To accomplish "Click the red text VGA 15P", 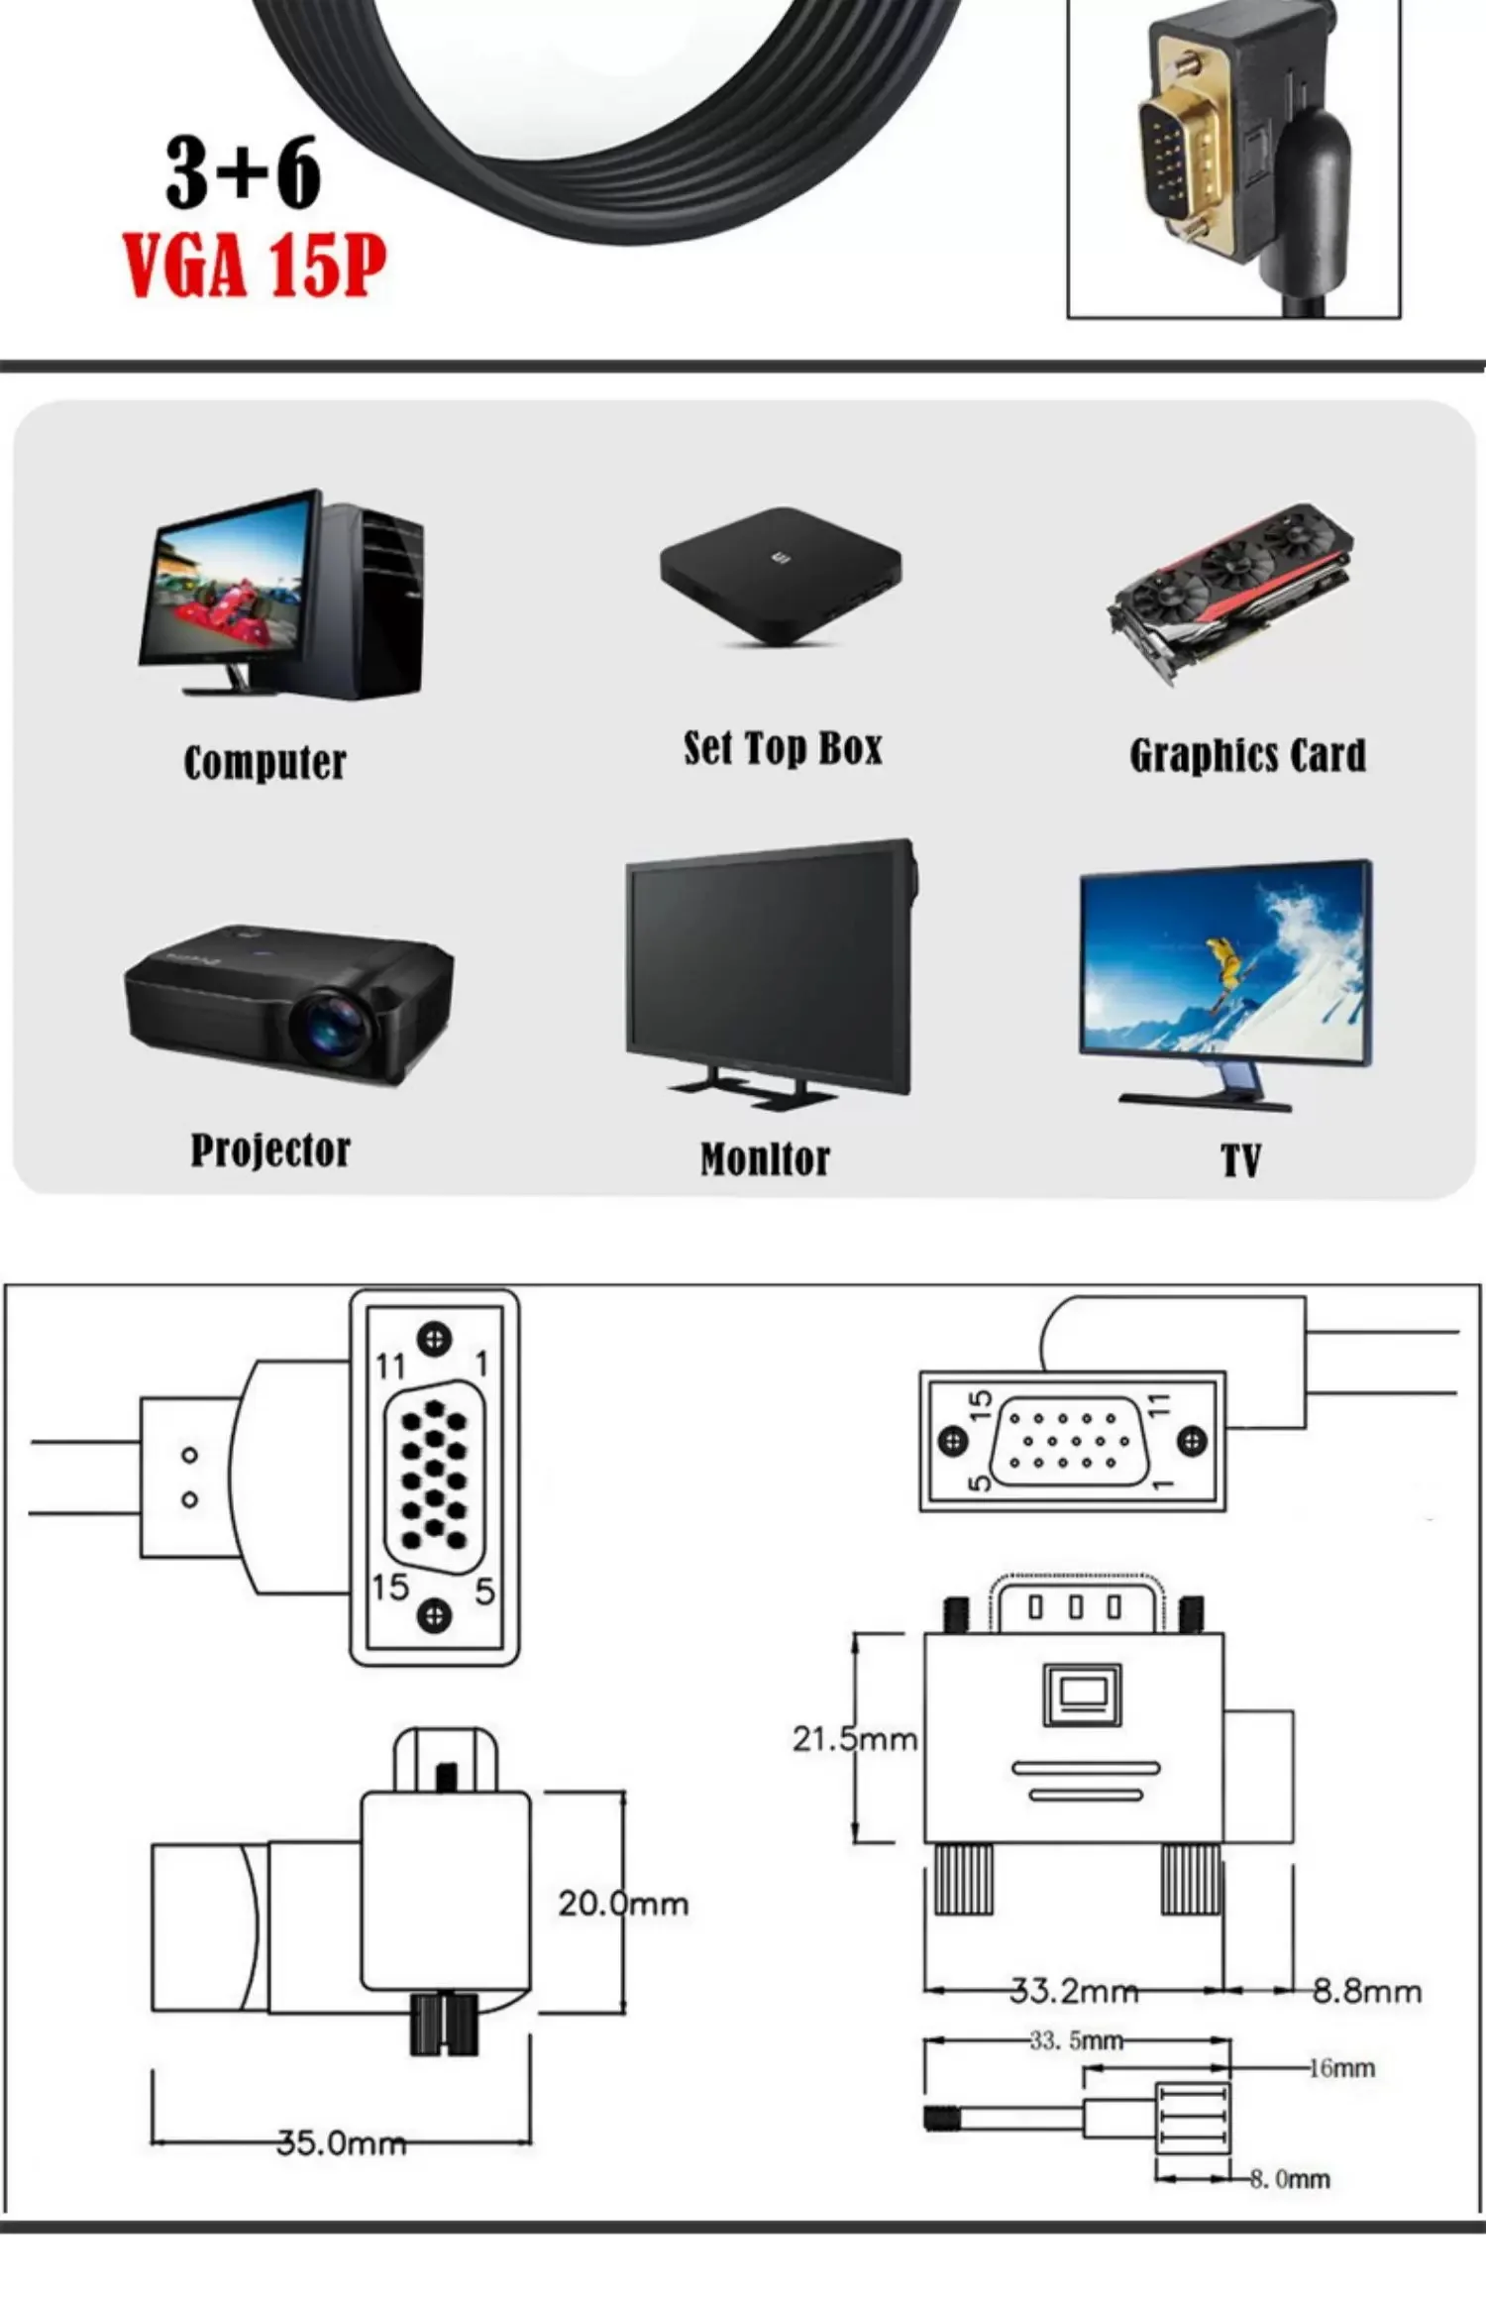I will coord(254,266).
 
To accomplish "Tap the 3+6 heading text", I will coord(244,173).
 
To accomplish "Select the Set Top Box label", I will coord(783,749).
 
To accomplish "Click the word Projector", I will coord(270,1150).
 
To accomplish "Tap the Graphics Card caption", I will coord(1247,756).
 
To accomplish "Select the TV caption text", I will coord(1240,1160).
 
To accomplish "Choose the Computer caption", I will coord(265,763).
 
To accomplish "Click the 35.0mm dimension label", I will coord(341,2143).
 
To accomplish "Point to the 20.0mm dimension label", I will coord(622,1904).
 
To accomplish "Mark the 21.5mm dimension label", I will coord(854,1739).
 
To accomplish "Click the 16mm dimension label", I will coord(1341,2068).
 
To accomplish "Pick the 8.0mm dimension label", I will coord(1290,2179).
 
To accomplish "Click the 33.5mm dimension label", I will coord(1076,2040).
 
